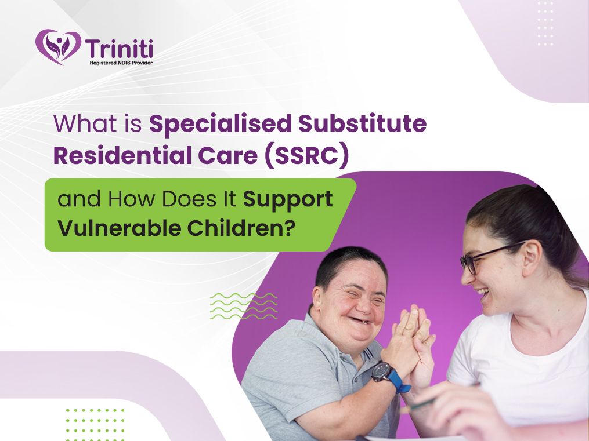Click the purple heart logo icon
58,47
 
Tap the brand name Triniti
119,49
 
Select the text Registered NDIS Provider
121,63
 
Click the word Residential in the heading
122,156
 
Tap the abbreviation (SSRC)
307,156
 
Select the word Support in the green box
288,199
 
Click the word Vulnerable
120,228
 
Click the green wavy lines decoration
244,307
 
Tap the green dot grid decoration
95,425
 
